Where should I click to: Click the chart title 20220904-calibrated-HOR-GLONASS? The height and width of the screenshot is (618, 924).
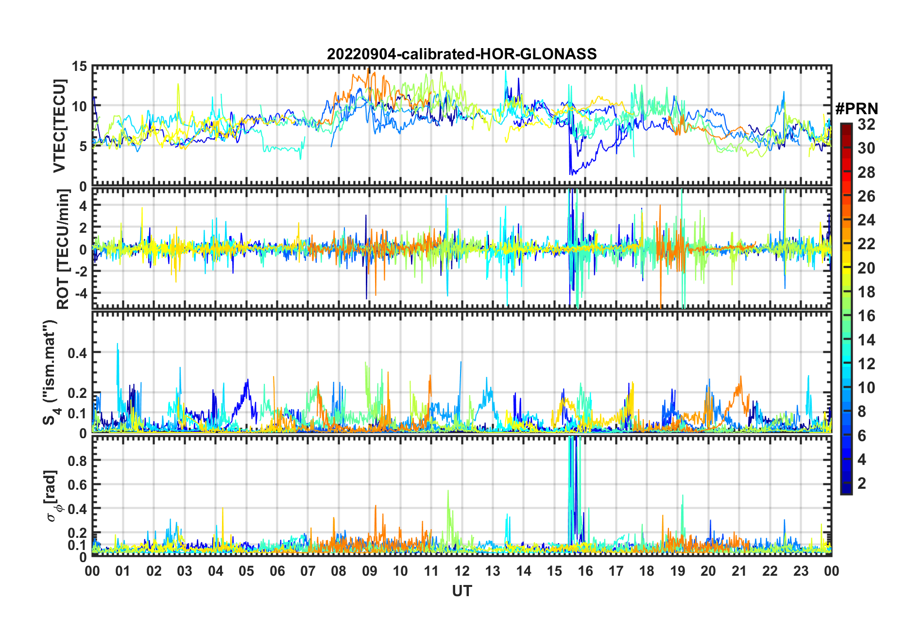click(462, 54)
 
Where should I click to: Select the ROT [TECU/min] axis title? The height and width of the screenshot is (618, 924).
click(63, 249)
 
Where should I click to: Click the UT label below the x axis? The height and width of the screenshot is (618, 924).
click(462, 591)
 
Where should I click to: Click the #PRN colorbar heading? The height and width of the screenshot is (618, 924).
click(856, 109)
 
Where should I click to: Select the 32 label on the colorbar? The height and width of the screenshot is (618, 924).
click(866, 124)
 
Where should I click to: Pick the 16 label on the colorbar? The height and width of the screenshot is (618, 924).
click(866, 316)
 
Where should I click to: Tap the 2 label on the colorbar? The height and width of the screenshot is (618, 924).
click(862, 483)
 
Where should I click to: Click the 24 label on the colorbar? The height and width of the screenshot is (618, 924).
click(866, 220)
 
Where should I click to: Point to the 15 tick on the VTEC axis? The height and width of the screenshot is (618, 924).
click(80, 67)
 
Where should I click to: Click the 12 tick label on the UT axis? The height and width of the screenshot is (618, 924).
click(462, 571)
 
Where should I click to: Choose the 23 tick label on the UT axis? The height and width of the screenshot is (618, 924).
click(801, 571)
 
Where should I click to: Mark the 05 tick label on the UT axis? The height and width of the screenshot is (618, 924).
click(246, 571)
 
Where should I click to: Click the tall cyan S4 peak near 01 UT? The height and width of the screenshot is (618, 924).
click(117, 344)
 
